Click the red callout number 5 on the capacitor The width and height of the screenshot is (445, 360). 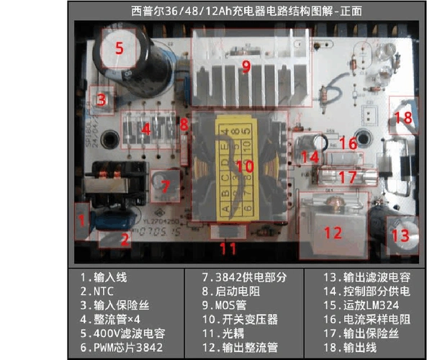click(x=120, y=49)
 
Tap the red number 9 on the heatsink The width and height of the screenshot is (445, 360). click(x=246, y=67)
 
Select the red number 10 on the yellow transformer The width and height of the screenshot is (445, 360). click(x=245, y=166)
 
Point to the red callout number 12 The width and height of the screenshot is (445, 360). click(x=332, y=233)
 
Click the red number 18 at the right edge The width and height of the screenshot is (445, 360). click(x=404, y=117)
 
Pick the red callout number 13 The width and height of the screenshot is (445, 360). click(x=400, y=235)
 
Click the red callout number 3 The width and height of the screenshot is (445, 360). click(x=102, y=99)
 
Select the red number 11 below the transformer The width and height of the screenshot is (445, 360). click(x=228, y=248)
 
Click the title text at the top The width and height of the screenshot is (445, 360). click(x=247, y=11)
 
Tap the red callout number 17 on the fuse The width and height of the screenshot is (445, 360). click(x=347, y=176)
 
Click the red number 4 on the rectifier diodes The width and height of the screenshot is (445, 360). click(x=146, y=130)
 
